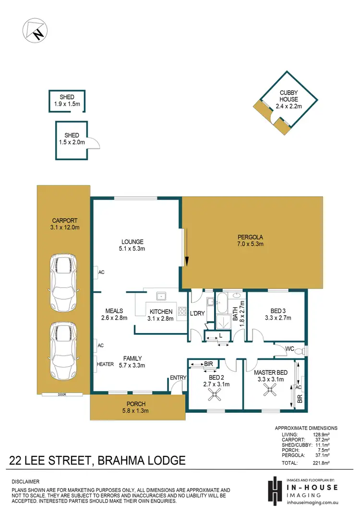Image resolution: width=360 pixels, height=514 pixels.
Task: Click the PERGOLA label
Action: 250,237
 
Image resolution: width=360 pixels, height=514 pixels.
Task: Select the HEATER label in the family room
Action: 105,364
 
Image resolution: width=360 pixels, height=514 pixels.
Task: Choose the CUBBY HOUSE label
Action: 289,96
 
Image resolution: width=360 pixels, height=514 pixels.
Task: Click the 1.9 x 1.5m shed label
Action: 67,100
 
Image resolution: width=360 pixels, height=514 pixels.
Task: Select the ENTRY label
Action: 178,378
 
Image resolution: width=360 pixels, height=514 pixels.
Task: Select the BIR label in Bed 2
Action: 208,364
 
